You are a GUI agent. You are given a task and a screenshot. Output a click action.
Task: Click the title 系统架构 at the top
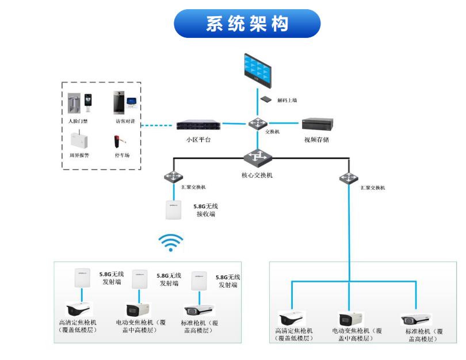click(x=247, y=24)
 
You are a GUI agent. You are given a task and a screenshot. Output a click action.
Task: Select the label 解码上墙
click(x=287, y=100)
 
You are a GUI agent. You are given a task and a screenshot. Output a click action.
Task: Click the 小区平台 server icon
click(x=198, y=124)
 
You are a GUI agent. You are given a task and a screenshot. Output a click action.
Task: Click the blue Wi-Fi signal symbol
click(x=171, y=243)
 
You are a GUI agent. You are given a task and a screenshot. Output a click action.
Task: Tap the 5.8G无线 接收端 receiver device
click(x=174, y=210)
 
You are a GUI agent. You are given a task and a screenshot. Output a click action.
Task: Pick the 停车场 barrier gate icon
click(x=120, y=139)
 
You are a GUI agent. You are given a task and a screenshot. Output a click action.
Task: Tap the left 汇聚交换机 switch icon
click(x=171, y=177)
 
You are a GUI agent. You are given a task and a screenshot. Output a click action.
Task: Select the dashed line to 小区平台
click(x=158, y=125)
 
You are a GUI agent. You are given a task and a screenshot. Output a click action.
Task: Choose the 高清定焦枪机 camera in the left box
click(x=80, y=309)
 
